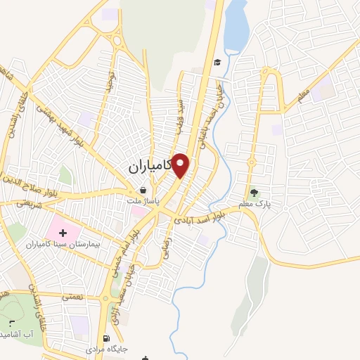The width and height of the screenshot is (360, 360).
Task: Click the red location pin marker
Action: click(x=181, y=165)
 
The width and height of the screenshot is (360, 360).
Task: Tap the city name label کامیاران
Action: click(x=150, y=169)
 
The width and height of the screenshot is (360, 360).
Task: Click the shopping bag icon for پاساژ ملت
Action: click(x=143, y=190)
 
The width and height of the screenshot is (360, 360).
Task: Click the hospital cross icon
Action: click(x=61, y=232)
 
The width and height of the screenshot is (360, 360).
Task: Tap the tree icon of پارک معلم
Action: click(x=254, y=192)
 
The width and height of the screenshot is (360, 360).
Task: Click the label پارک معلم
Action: click(x=255, y=204)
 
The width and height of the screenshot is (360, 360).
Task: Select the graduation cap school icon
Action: click(x=217, y=62)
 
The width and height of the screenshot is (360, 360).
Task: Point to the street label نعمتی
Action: click(x=71, y=299)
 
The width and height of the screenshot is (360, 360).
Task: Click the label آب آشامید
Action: click(x=17, y=332)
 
